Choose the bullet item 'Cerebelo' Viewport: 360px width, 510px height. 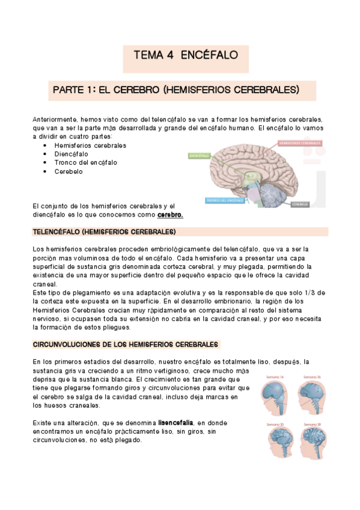pyautogui.click(x=69, y=171)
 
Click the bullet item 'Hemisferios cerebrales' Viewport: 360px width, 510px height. pyautogui.click(x=90, y=146)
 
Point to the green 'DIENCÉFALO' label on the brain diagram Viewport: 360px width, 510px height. pyautogui.click(x=199, y=155)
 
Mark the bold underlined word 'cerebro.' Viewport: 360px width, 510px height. pyautogui.click(x=170, y=215)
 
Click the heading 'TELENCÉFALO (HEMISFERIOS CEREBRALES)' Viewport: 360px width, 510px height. pyautogui.click(x=104, y=232)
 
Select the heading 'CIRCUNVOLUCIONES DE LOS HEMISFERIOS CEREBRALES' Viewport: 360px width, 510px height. pyautogui.click(x=126, y=345)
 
